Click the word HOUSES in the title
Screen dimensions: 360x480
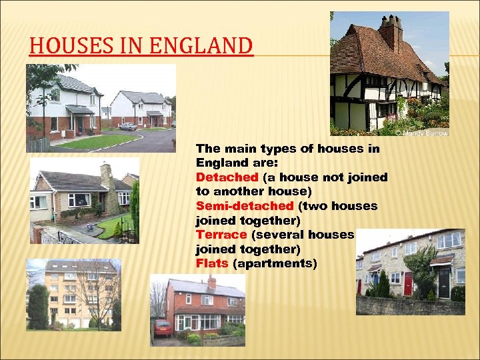click(x=69, y=46)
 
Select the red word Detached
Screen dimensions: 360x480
click(x=227, y=177)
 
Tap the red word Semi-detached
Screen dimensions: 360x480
click(x=245, y=206)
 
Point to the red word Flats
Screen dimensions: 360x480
click(x=212, y=263)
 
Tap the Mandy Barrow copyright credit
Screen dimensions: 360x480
click(x=421, y=133)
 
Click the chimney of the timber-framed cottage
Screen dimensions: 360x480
click(x=389, y=30)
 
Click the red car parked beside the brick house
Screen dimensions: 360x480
click(x=163, y=327)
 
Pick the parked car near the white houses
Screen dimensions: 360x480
click(x=128, y=126)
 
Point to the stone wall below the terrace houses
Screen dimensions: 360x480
click(x=409, y=306)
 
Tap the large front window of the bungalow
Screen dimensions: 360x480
click(x=79, y=199)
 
